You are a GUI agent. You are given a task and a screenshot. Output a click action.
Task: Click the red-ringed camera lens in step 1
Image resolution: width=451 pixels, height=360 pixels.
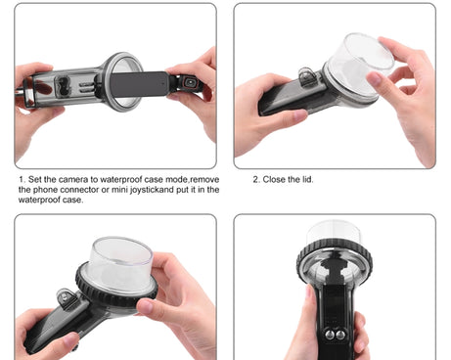tap(190, 82)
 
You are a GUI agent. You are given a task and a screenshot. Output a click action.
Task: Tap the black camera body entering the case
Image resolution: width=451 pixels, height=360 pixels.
tap(139, 84)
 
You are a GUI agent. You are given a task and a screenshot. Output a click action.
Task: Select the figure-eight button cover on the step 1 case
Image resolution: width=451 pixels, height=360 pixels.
tap(62, 86)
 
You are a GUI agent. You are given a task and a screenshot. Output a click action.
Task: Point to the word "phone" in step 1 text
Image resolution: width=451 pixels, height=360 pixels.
tap(45, 190)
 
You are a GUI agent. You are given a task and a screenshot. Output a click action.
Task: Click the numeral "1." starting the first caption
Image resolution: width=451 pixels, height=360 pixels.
tap(22, 179)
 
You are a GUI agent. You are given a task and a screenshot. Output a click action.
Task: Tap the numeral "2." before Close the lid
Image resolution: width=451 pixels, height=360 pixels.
tap(256, 179)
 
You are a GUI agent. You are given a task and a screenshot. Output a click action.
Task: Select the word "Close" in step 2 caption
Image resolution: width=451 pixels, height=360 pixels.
tap(273, 179)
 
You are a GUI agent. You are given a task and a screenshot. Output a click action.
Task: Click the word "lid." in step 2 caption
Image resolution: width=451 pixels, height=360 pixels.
tap(307, 179)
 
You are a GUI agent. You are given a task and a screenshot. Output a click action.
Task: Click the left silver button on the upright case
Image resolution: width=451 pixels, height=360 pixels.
tap(330, 335)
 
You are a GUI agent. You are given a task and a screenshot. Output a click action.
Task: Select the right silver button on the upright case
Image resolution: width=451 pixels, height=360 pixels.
tap(340, 335)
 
